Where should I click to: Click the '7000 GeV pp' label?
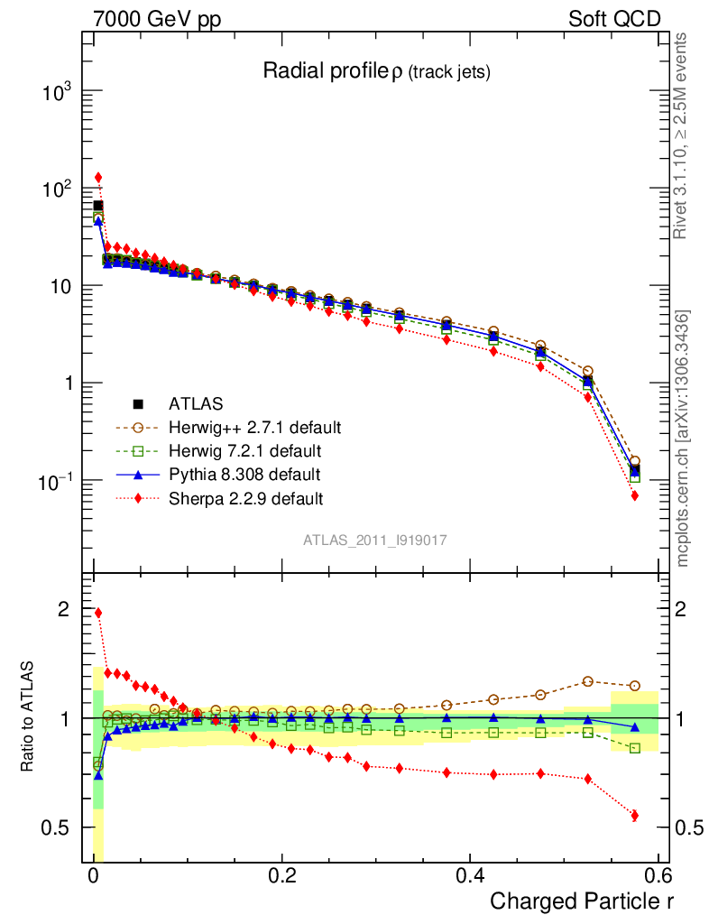pos(155,19)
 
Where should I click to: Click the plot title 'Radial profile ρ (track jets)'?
pos(376,71)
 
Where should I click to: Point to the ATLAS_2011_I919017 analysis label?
pos(375,540)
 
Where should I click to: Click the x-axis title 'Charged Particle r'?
pos(581,901)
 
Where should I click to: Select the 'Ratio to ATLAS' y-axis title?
pos(30,717)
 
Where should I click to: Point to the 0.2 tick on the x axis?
pos(282,875)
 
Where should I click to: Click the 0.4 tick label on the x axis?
pos(470,875)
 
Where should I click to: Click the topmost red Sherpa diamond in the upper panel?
pos(98,177)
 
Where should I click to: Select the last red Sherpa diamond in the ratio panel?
pos(635,816)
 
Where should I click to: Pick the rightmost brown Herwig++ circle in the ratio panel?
pos(635,686)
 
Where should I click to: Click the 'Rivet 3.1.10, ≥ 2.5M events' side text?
pos(682,135)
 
